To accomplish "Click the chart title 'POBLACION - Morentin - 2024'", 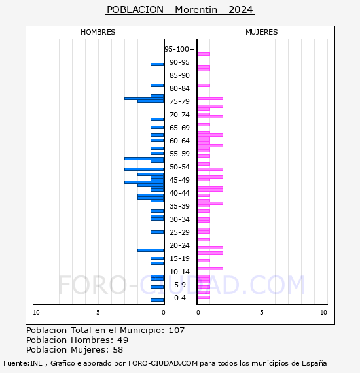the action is click(x=180, y=10).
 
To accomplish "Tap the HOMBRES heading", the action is click(x=98, y=32).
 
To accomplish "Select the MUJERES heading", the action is click(x=262, y=32).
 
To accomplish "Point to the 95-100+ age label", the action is click(x=179, y=49).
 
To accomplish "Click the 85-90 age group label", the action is click(x=179, y=75).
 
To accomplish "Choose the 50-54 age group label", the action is click(x=179, y=167).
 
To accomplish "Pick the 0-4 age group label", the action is click(x=179, y=298).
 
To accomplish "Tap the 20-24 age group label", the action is click(x=179, y=245).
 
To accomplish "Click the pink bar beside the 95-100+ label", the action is click(x=204, y=54).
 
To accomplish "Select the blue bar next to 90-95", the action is click(x=157, y=65).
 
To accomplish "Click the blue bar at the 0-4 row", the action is click(x=157, y=300).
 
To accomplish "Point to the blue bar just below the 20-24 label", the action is click(x=151, y=250).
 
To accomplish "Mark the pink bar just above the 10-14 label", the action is click(x=210, y=268).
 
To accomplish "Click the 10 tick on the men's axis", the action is click(x=36, y=313).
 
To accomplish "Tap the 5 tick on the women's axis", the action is click(x=262, y=313).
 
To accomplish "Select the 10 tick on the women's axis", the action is click(x=323, y=313).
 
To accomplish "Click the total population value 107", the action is click(x=176, y=330).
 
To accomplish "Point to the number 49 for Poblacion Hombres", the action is click(x=123, y=340).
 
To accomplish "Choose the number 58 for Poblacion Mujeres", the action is click(x=118, y=350).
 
